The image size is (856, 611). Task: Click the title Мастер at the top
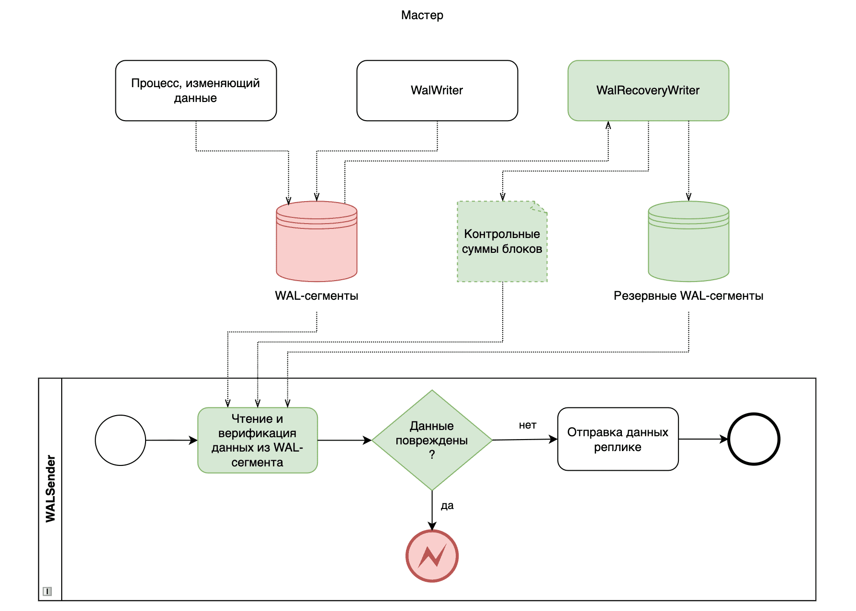pos(422,15)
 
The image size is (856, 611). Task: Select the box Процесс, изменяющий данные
pos(196,91)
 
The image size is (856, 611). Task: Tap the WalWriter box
pos(437,91)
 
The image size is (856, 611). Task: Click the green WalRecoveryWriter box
pos(648,91)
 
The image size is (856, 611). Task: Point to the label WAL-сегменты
pos(316,296)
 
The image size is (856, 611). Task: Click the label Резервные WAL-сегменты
pos(688,296)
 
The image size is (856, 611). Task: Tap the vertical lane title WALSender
pos(50,488)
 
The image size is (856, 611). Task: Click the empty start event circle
pos(120,440)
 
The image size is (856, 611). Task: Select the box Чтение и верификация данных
pos(258,440)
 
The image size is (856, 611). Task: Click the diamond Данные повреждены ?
pos(432,440)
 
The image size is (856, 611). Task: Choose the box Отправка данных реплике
pos(618,439)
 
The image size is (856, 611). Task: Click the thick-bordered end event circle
pos(754,439)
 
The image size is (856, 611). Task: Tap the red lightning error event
pos(432,556)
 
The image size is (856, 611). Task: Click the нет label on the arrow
pos(528,425)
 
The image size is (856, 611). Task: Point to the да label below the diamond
pos(447,506)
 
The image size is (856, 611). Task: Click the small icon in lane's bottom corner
pos(47,591)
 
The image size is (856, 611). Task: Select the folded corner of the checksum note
pos(540,207)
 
